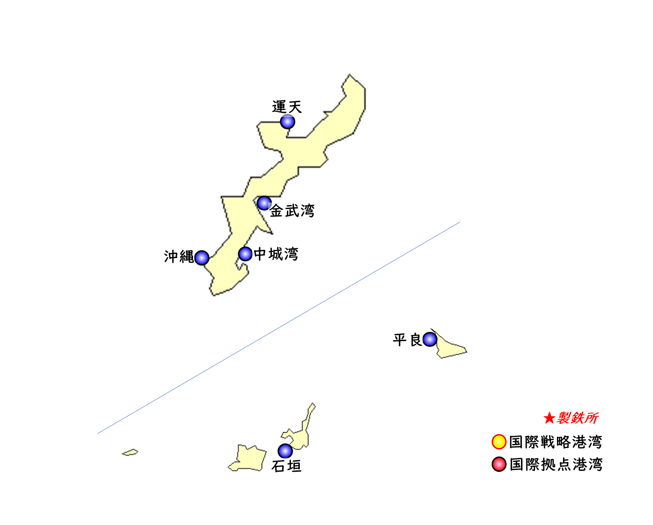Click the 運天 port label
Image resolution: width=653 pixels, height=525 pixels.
(287, 107)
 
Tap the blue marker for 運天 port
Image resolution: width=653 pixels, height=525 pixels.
(287, 122)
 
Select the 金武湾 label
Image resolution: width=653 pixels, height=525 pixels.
(292, 211)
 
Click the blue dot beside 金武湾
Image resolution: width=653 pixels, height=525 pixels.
(264, 203)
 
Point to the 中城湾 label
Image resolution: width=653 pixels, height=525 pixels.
(275, 255)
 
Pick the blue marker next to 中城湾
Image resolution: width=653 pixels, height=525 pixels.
(245, 254)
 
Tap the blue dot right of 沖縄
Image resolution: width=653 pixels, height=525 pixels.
(201, 258)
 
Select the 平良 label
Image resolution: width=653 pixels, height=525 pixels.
(407, 340)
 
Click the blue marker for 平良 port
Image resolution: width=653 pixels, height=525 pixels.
(430, 339)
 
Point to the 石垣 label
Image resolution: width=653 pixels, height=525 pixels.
(286, 466)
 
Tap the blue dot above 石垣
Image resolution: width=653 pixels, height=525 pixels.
(285, 451)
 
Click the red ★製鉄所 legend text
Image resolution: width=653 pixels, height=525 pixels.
(570, 418)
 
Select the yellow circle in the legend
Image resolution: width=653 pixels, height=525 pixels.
(499, 441)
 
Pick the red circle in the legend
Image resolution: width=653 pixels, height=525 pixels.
(499, 464)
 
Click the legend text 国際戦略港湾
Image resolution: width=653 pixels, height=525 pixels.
(556, 442)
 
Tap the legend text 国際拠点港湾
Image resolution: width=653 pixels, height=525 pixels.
(556, 465)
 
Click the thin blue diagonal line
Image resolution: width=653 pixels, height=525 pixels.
(279, 328)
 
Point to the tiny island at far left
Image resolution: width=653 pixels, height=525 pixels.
(130, 452)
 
